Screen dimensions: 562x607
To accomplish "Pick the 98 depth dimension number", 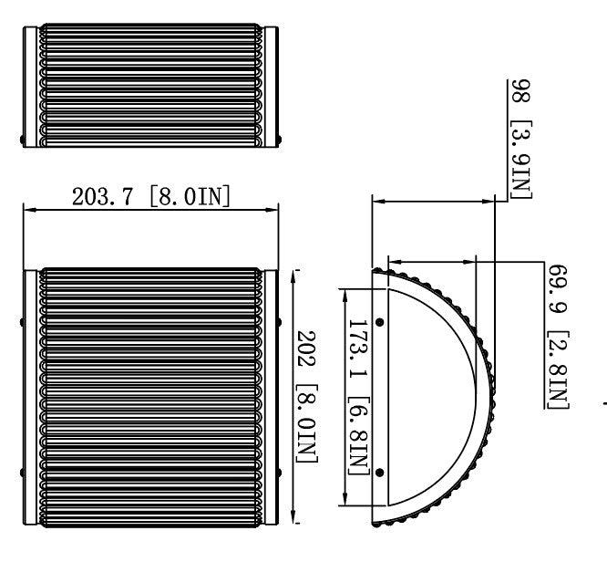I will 520,91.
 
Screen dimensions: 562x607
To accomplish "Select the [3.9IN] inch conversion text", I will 520,155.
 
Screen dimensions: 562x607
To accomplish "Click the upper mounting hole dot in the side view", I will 380,322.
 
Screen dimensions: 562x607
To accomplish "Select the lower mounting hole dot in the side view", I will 380,472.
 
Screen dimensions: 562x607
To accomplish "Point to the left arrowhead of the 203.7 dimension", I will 27,211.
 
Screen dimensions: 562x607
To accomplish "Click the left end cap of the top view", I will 31,87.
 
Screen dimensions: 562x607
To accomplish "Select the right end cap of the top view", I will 271,87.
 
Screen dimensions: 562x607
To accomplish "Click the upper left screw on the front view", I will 24,321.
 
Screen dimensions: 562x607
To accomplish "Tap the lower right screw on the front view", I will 278,472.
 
